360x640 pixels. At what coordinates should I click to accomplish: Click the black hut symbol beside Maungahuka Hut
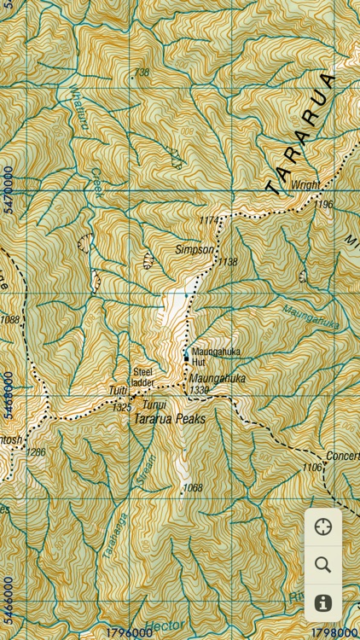coord(186,360)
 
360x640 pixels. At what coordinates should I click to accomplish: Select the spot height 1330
coord(200,390)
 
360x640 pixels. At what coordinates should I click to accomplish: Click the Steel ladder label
coord(142,377)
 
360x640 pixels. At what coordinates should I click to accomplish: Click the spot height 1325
coord(121,409)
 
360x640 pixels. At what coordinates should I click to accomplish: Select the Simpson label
coord(194,250)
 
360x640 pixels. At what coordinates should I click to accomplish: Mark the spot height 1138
coord(229,262)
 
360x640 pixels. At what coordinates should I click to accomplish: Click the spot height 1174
coord(209,221)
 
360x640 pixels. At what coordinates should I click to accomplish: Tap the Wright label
coord(305,185)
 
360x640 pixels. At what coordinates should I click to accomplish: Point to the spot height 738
coord(141,73)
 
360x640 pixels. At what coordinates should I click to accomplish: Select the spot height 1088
coord(9,320)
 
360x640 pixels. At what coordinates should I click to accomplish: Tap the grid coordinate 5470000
coord(8,189)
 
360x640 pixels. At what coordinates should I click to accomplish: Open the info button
coord(322,602)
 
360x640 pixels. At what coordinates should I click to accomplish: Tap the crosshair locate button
coord(322,527)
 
